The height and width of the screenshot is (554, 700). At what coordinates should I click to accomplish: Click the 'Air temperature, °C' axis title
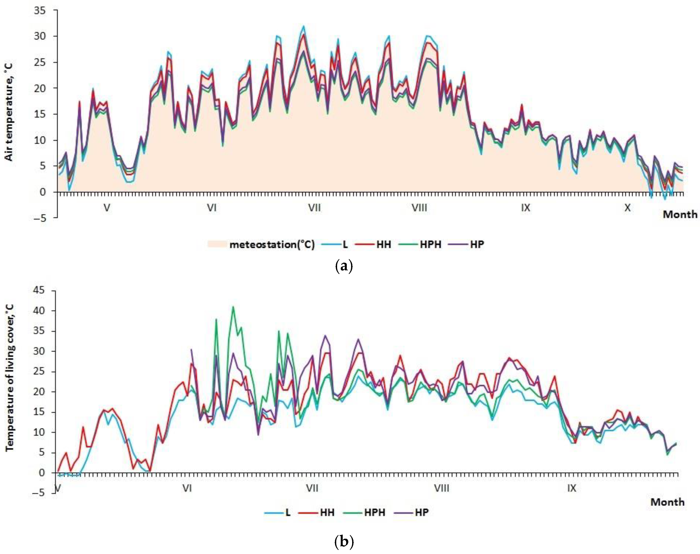(x=9, y=112)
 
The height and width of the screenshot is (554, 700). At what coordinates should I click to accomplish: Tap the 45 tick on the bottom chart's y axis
(x=39, y=290)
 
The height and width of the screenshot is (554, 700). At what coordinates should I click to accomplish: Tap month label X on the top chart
(x=627, y=207)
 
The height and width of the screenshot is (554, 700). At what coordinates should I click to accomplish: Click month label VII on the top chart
(x=314, y=207)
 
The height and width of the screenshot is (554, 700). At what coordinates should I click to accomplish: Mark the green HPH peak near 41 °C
(x=233, y=307)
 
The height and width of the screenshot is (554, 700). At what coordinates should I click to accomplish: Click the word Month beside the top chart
(x=680, y=214)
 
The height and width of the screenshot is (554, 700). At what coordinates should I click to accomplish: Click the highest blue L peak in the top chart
(x=304, y=26)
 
